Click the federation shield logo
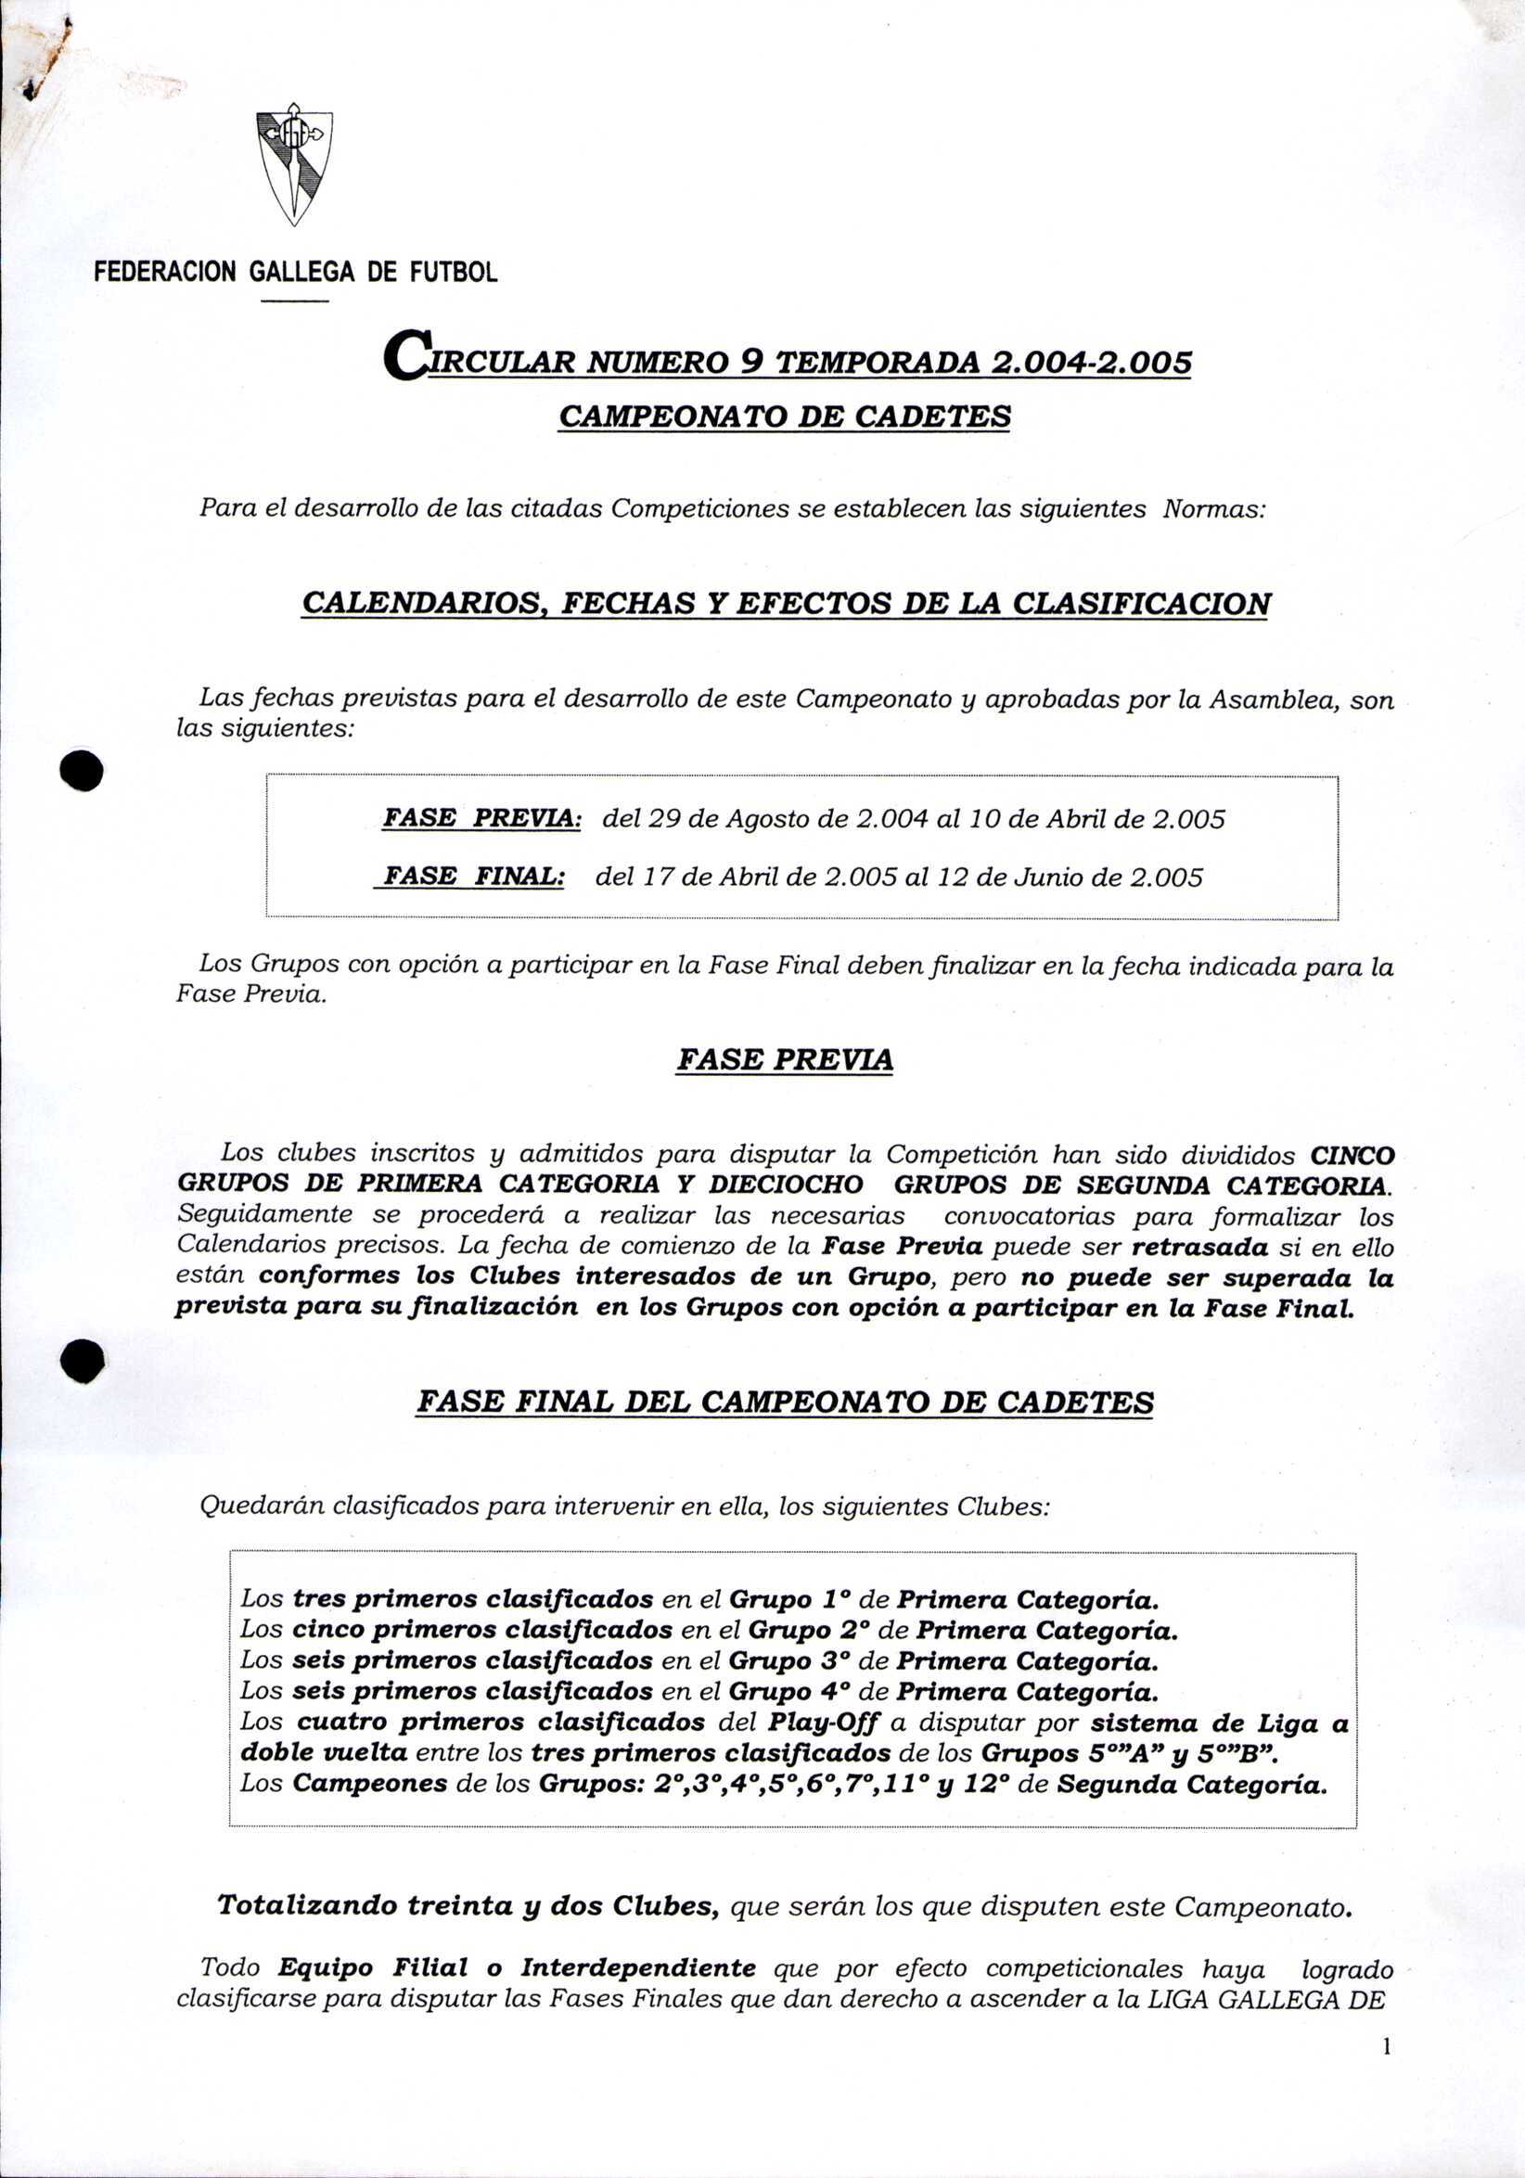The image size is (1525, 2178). click(x=294, y=164)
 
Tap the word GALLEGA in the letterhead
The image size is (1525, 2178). click(x=301, y=274)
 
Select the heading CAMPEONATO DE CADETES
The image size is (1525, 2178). click(x=785, y=416)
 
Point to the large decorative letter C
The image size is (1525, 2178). click(x=407, y=355)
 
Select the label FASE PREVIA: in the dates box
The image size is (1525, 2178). click(x=481, y=818)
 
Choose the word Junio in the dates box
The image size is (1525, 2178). click(x=1050, y=877)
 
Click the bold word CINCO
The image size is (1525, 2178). click(x=1352, y=1157)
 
